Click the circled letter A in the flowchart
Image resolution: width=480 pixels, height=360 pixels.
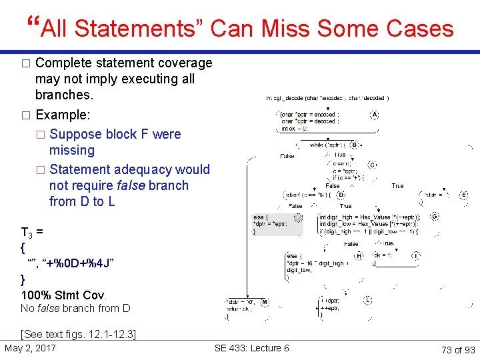coord(375,115)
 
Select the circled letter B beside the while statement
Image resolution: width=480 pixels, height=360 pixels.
coord(355,145)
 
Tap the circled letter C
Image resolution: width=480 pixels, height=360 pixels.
coord(372,164)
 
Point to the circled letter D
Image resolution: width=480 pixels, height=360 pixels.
coord(341,195)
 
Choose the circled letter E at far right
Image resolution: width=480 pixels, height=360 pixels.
coord(464,195)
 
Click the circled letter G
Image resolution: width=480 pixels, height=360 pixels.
coord(435,217)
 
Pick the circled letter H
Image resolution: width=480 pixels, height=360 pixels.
coord(359,255)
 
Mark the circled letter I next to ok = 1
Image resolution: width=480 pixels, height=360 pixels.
coord(416,255)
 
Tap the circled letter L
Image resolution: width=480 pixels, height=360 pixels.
coord(367,301)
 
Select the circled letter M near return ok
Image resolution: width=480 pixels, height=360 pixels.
coord(265,302)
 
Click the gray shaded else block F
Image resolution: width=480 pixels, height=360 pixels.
coord(276,224)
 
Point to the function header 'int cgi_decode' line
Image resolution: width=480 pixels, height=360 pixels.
coord(327,97)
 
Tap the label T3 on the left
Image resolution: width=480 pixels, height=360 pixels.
coord(28,233)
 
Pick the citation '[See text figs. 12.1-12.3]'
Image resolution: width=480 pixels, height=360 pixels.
coord(79,334)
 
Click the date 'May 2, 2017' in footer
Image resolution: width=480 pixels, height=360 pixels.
coord(30,348)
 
